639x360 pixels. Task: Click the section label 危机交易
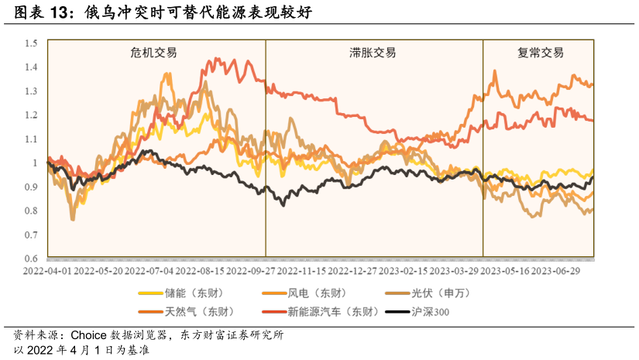(153, 53)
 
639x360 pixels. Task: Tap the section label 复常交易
(540, 53)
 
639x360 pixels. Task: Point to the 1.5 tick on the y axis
(31, 43)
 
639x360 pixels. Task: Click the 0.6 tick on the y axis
(31, 259)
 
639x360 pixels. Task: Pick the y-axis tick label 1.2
(31, 115)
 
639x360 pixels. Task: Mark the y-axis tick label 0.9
(31, 187)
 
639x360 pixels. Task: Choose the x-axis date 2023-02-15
(402, 272)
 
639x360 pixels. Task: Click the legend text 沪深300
(430, 312)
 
